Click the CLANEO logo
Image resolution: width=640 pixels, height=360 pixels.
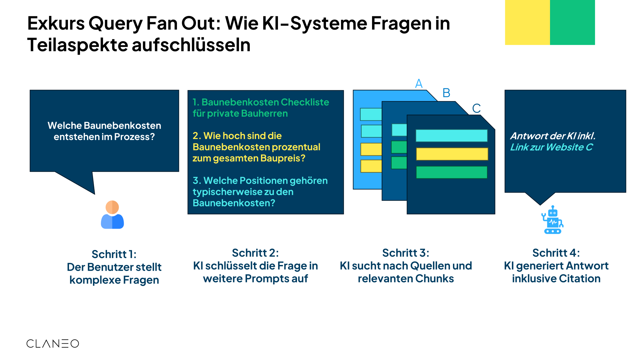coord(53,344)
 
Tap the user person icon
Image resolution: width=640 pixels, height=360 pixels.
coord(112,215)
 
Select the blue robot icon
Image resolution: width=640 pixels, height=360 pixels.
coord(552,220)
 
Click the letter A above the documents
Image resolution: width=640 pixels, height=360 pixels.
coord(419,83)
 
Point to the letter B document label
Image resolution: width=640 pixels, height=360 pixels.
coord(446,93)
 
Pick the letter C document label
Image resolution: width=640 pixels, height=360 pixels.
coord(476,108)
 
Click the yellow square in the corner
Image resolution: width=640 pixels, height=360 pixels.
coord(527,22)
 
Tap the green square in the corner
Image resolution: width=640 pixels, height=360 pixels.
coord(572,22)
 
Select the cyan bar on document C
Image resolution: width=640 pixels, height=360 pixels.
coord(452,136)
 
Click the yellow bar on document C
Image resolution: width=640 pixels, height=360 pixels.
coord(452,154)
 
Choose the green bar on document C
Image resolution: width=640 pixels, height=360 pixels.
coord(452,172)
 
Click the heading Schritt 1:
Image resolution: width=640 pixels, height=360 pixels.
coord(114,254)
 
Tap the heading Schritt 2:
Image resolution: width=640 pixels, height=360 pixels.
coord(255,253)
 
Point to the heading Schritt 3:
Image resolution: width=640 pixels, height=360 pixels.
coord(406,253)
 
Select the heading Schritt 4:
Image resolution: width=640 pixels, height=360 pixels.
coord(556,253)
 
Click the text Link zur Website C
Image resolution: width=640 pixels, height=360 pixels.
coord(551,147)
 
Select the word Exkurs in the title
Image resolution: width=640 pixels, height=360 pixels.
coord(56,23)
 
